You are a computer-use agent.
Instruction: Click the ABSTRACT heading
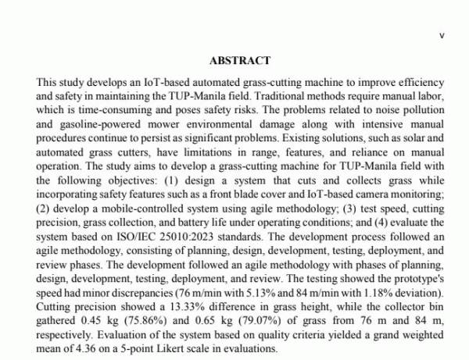[x=240, y=60]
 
